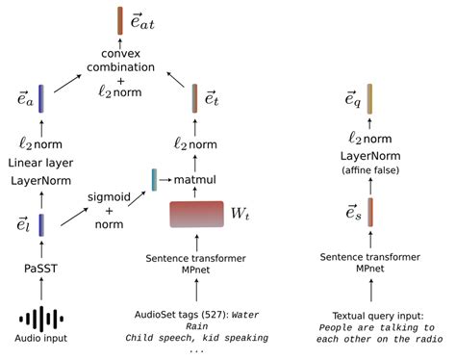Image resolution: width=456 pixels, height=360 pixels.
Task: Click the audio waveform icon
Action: (41, 319)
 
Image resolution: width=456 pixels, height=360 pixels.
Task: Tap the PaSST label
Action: (40, 269)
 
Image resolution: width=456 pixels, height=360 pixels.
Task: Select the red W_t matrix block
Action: (196, 214)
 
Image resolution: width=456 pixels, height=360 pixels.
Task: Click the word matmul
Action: (194, 180)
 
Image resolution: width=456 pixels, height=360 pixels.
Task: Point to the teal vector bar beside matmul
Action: (154, 180)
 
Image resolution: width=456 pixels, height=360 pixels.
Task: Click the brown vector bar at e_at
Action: (120, 21)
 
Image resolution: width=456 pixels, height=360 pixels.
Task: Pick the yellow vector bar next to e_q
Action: (369, 99)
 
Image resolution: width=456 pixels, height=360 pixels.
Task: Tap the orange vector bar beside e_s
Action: (370, 212)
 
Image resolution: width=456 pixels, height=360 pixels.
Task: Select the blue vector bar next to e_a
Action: (41, 98)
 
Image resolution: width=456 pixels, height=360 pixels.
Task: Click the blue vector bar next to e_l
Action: (41, 225)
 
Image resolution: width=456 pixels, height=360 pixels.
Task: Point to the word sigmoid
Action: (109, 196)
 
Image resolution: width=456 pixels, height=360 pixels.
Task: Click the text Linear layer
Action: (40, 163)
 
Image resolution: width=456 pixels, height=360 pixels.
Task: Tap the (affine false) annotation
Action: (370, 170)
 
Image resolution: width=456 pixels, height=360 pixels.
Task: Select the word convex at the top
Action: (120, 54)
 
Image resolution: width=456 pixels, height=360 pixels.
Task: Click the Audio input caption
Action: (41, 338)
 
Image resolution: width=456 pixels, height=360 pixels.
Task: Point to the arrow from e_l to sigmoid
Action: (74, 217)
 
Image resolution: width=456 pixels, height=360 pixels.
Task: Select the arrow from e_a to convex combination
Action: (68, 83)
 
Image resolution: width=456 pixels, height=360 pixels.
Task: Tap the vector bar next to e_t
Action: (194, 98)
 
